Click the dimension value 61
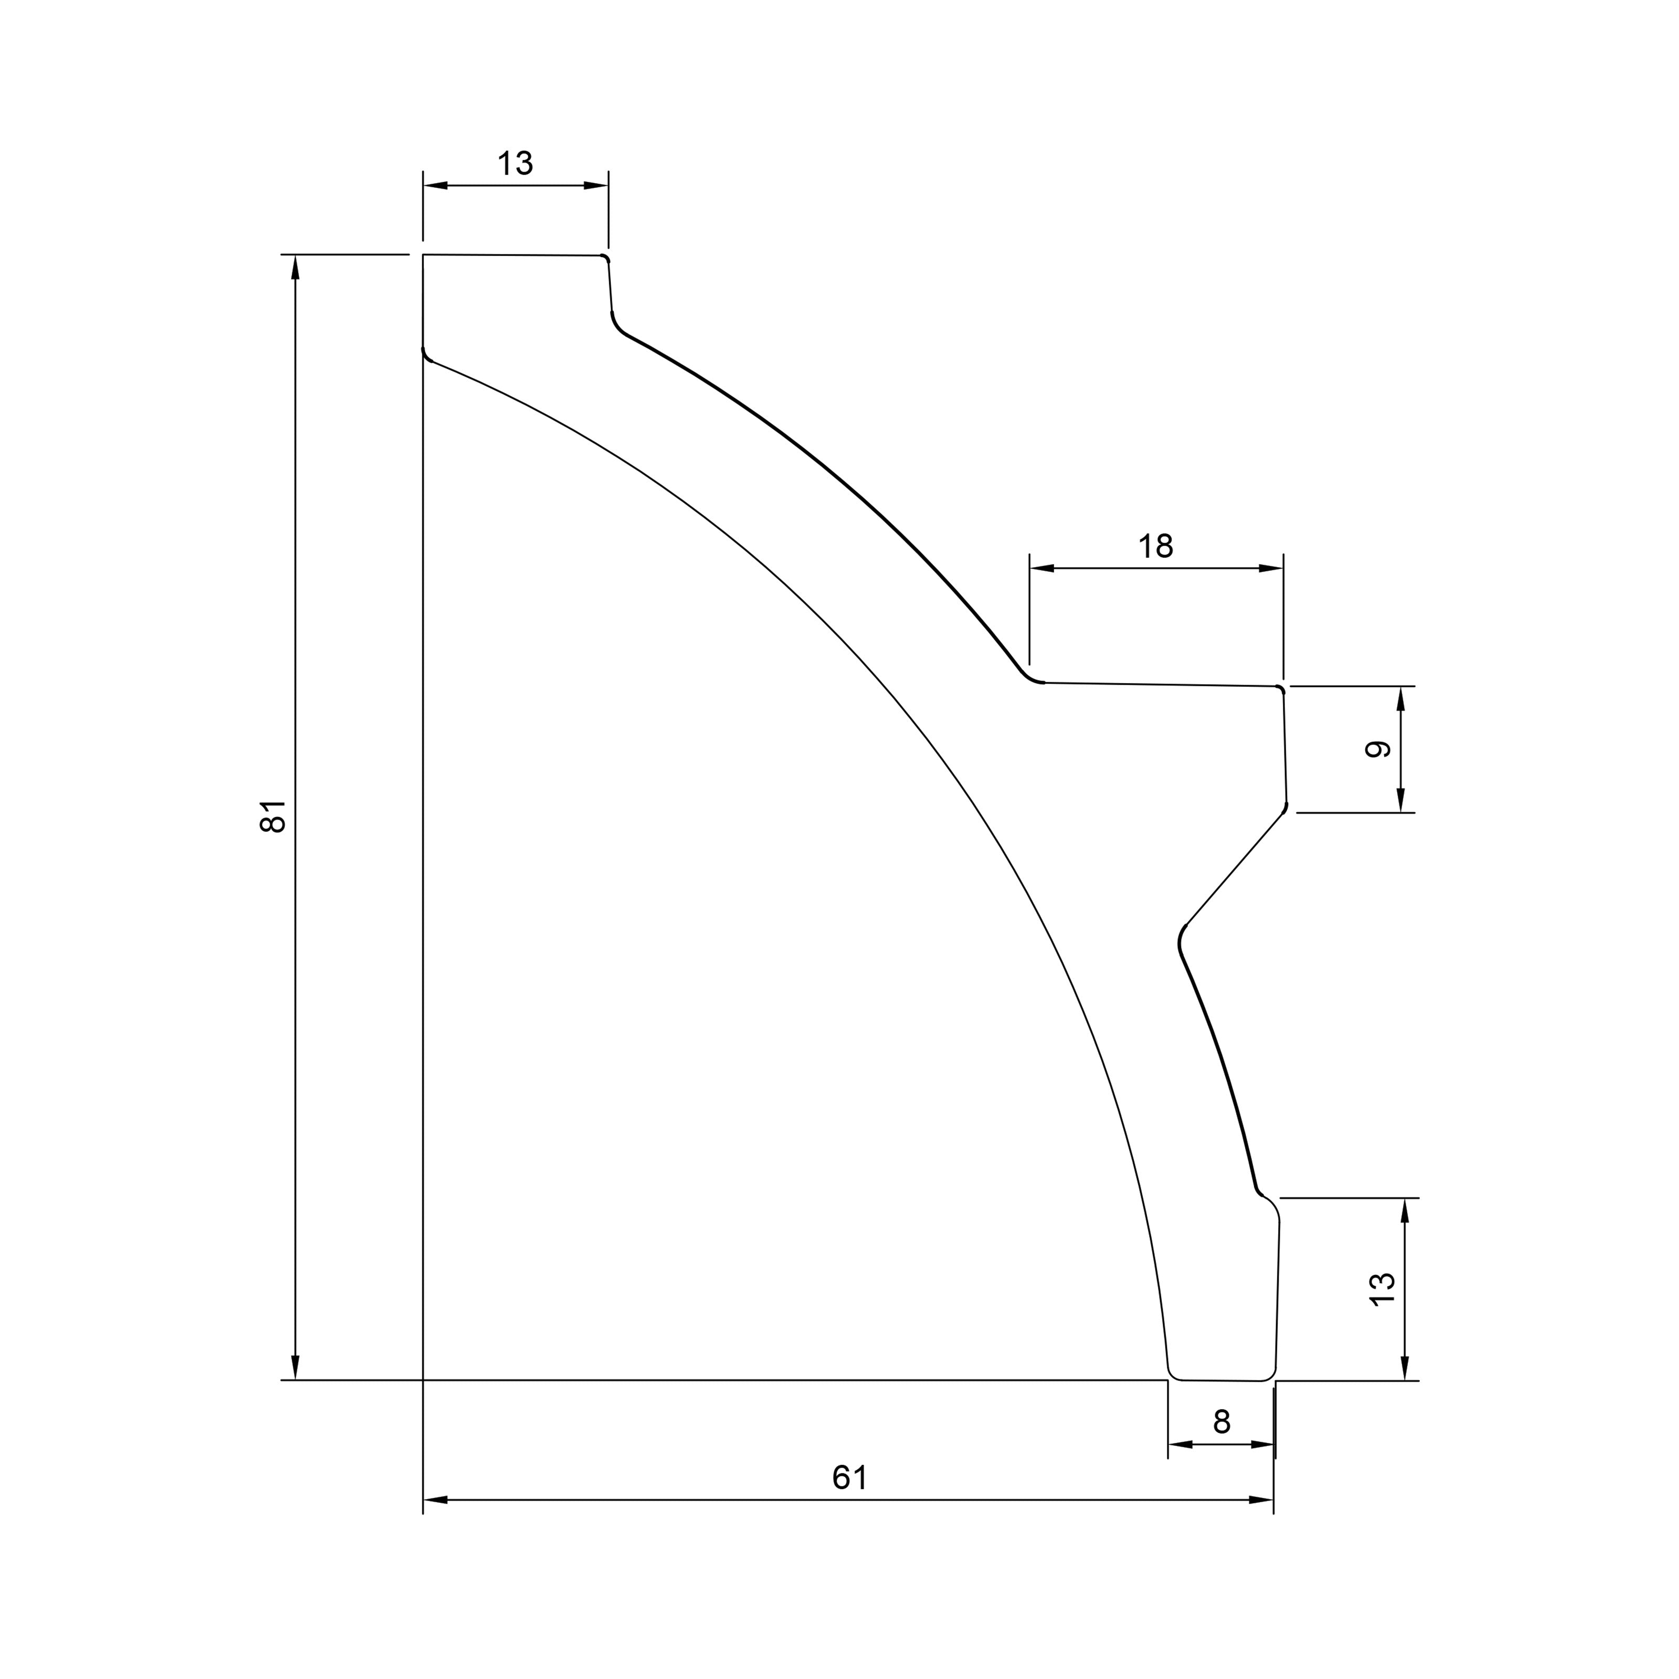coord(850,1478)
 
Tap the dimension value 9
coord(1378,749)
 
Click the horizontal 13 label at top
coord(515,163)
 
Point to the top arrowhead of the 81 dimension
coord(295,268)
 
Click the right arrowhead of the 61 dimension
coord(1261,1500)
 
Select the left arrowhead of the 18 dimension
coord(1042,568)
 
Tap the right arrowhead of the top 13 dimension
coord(596,185)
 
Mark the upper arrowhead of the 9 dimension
coord(1401,699)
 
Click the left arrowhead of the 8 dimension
coord(1180,1444)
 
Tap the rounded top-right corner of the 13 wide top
coord(605,258)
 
